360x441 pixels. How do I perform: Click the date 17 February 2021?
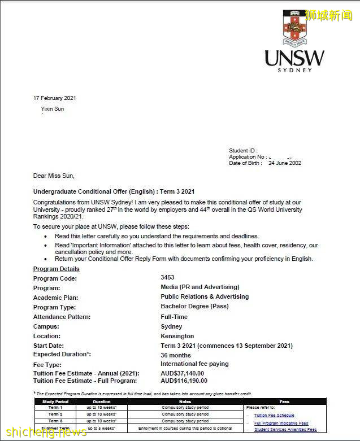pyautogui.click(x=55, y=98)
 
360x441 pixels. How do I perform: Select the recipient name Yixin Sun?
pyautogui.click(x=53, y=109)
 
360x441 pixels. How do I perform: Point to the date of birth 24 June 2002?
pyautogui.click(x=285, y=163)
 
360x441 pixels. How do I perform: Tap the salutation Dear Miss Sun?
pyautogui.click(x=54, y=176)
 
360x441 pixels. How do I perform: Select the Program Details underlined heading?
pyautogui.click(x=57, y=269)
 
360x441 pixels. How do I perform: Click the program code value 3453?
pyautogui.click(x=167, y=277)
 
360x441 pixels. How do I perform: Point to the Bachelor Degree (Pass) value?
pyautogui.click(x=194, y=306)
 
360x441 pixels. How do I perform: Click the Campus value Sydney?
pyautogui.click(x=171, y=326)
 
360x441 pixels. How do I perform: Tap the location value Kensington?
pyautogui.click(x=177, y=336)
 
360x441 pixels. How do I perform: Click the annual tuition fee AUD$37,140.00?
pyautogui.click(x=182, y=373)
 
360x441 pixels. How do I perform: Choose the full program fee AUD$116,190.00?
pyautogui.click(x=184, y=381)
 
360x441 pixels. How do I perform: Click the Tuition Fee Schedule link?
pyautogui.click(x=274, y=415)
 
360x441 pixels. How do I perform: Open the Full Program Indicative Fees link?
pyautogui.click(x=281, y=423)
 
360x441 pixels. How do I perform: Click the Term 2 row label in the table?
pyautogui.click(x=55, y=414)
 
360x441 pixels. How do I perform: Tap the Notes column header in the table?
pyautogui.click(x=185, y=401)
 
